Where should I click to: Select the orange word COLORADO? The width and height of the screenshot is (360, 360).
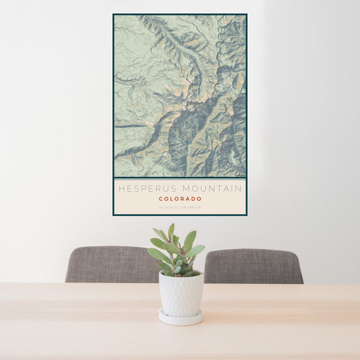click(x=180, y=199)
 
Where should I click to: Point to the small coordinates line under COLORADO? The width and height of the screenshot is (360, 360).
click(x=180, y=208)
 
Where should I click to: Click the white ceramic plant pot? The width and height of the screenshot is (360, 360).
click(x=181, y=293)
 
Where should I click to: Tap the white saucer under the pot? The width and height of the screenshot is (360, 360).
click(x=181, y=317)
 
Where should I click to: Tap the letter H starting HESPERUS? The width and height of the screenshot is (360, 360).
click(x=121, y=188)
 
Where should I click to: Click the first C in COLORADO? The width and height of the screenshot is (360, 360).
click(x=161, y=199)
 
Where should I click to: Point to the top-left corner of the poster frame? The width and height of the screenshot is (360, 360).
click(x=113, y=14)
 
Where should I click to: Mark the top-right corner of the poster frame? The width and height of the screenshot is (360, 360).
click(x=247, y=14)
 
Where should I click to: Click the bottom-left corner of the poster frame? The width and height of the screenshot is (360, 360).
click(x=113, y=215)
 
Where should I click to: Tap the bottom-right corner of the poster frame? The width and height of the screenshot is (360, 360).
click(x=247, y=215)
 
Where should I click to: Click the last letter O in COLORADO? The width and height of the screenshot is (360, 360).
click(x=199, y=199)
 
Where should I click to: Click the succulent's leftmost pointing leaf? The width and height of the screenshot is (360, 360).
click(x=150, y=253)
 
